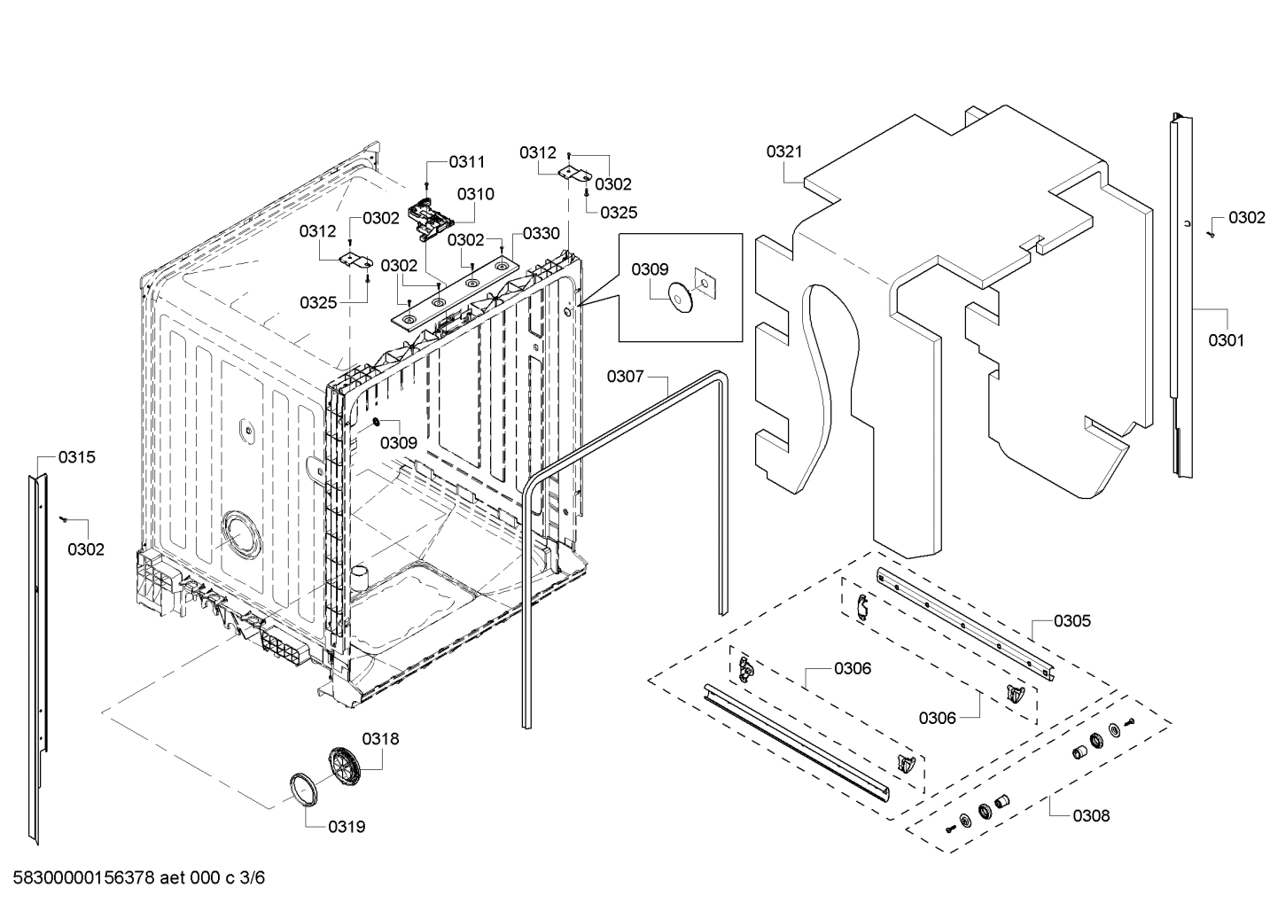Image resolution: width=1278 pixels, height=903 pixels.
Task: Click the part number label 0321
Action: pos(783,152)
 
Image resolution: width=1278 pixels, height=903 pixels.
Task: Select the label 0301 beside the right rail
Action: pos(1226,339)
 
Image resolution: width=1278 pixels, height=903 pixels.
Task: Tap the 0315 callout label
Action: pos(77,457)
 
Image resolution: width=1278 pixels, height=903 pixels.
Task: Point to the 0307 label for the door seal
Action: pos(625,377)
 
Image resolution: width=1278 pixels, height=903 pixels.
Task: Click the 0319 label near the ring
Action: pos(347,827)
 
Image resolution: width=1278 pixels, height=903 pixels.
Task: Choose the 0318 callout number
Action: pos(380,738)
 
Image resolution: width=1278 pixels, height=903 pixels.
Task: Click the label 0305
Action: pos(1072,620)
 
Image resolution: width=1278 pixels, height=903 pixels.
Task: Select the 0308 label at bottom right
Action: pos(1091,815)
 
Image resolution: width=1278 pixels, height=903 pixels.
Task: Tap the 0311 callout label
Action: pos(467,161)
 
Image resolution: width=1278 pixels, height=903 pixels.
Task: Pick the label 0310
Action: pos(476,194)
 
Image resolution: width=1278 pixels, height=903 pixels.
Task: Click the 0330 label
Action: pos(541,233)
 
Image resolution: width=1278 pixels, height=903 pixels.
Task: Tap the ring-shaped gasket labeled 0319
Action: pos(303,788)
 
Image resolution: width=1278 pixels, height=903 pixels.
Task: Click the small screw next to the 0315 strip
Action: pos(64,518)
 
